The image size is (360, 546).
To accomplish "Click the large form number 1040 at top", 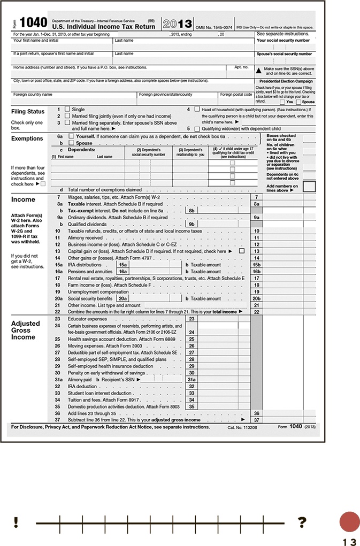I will [34, 23].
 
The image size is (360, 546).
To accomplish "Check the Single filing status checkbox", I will [67, 109].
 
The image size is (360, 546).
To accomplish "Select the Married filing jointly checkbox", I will [67, 116].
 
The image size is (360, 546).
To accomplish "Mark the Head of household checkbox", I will [197, 109].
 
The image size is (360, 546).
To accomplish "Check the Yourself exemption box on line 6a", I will [71, 137].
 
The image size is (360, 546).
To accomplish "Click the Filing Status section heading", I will [28, 112].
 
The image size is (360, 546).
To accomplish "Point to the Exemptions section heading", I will [27, 139].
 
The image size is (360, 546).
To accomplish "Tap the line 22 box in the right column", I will [257, 311].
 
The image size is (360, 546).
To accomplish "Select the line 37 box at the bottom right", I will [257, 420].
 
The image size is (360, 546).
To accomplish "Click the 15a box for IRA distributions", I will [123, 265].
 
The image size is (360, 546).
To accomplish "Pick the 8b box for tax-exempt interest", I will [191, 211].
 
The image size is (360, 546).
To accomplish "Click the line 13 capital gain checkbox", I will [242, 251].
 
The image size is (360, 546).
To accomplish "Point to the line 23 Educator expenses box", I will [192, 319].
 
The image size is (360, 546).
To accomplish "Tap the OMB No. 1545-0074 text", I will [214, 27].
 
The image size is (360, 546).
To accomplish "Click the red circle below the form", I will [350, 521].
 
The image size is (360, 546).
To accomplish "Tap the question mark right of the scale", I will [302, 522].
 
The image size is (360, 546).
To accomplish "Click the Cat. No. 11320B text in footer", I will [242, 427].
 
